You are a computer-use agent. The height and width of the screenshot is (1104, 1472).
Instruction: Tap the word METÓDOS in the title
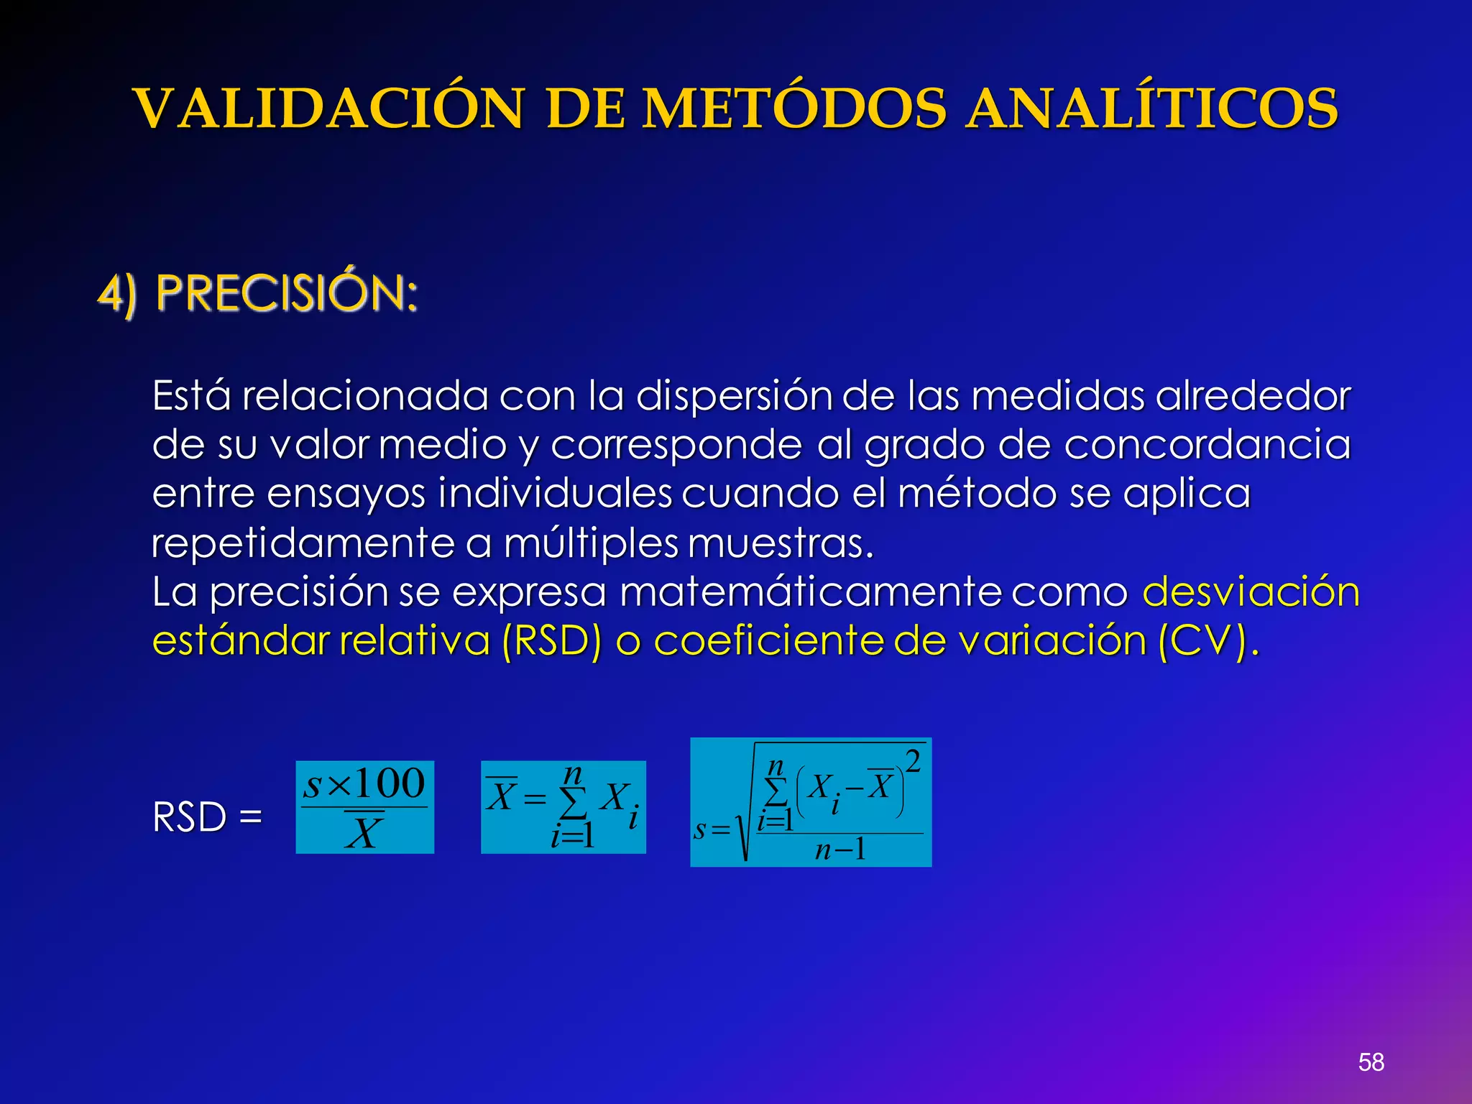pos(794,109)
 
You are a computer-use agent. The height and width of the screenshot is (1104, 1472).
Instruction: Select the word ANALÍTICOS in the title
pos(1151,109)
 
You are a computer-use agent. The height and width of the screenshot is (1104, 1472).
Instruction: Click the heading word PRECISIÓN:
pos(287,294)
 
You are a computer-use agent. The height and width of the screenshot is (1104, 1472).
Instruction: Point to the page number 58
pos(1371,1062)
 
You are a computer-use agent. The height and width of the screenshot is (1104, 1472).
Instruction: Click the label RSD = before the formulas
pos(207,817)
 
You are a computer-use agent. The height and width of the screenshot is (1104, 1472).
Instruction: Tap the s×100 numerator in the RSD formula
pos(364,783)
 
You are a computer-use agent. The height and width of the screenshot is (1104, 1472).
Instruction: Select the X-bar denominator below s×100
pos(364,833)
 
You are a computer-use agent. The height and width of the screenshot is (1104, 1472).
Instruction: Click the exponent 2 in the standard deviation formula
pos(913,761)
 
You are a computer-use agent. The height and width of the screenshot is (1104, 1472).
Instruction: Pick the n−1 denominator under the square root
pos(840,850)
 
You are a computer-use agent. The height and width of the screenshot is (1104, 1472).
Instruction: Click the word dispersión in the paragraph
pos(734,396)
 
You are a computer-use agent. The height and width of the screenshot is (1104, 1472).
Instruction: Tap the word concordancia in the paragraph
pos(1207,445)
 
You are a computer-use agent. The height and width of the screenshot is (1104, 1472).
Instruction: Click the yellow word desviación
pos(1251,592)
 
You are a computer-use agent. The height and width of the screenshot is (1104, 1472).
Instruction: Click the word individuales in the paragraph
pos(555,494)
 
